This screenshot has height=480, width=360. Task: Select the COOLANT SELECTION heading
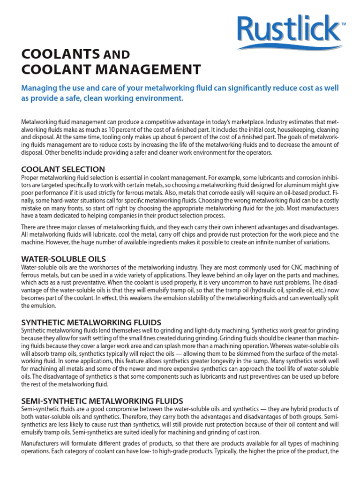63,169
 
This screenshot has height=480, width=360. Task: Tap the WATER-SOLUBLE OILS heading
64,259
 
